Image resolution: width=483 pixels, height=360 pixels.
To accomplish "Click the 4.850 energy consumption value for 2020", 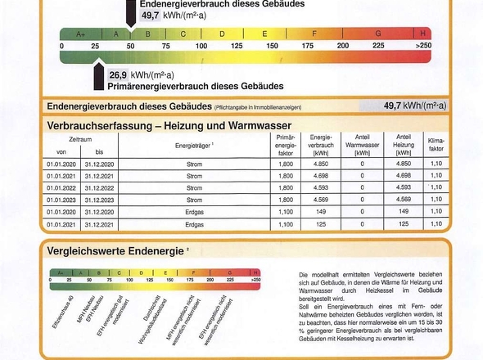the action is tap(320, 164).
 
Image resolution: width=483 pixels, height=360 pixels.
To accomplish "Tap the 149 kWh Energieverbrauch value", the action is tap(320, 211).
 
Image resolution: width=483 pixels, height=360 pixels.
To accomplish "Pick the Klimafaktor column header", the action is tap(436, 145).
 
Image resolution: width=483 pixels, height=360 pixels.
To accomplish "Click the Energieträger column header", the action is tap(194, 145).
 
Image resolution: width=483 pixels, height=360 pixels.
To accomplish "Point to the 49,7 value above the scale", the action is tap(150, 15).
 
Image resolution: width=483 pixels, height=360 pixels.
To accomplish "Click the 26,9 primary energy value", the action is tap(120, 74).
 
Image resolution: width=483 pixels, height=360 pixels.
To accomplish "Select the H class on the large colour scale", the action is tap(422, 34).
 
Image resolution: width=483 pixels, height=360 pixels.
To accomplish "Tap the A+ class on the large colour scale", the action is tap(80, 34).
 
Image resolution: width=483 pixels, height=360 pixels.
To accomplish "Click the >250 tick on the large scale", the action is tap(422, 46).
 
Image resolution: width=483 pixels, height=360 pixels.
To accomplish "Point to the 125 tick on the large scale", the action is tap(237, 46).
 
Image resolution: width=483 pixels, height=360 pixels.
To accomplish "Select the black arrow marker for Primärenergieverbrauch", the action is tap(98, 77).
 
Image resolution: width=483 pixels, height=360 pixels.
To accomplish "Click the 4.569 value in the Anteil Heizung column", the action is tap(403, 199).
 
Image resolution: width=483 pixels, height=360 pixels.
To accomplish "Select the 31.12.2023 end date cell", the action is tap(99, 199).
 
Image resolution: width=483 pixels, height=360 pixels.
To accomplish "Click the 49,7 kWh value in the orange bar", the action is tap(414, 106).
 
